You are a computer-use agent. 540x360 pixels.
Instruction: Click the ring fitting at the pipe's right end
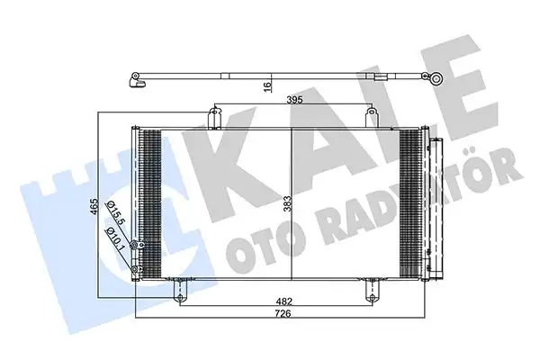[436, 79]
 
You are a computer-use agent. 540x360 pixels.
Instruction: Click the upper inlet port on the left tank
[134, 246]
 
